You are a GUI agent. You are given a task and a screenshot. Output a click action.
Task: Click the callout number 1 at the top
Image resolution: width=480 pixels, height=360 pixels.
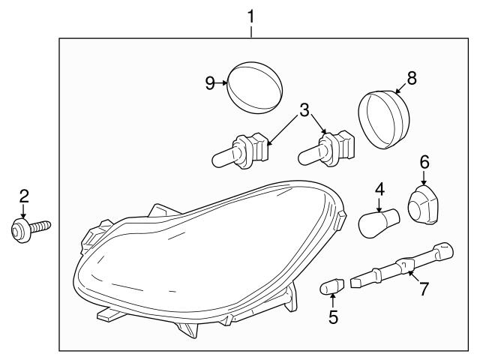click(251, 14)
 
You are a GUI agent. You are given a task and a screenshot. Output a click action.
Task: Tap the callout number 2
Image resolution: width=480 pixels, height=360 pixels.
click(24, 196)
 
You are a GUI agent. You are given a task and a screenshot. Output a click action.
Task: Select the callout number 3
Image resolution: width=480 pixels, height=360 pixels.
click(303, 110)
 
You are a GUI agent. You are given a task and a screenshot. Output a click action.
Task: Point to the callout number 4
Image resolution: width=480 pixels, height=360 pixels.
click(380, 189)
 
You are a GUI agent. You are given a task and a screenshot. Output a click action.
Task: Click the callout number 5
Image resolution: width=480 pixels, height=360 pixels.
click(333, 316)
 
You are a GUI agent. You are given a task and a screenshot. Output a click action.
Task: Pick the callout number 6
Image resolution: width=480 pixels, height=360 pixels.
click(424, 160)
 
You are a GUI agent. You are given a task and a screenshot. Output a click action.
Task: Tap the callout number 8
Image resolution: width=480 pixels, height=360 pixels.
click(411, 77)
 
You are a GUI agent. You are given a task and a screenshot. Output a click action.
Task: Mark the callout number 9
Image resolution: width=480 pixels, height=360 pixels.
click(211, 83)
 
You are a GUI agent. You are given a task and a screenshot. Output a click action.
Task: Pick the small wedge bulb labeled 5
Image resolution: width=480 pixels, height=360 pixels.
click(332, 286)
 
